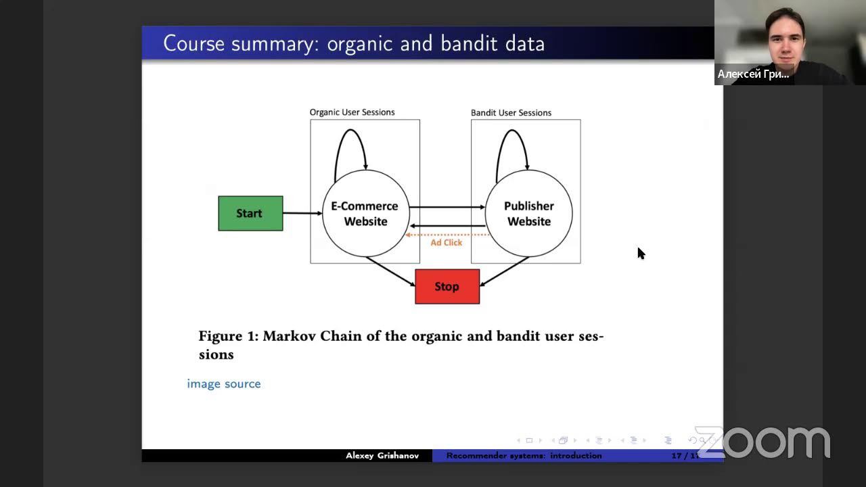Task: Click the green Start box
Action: [250, 213]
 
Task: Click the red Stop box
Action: [447, 286]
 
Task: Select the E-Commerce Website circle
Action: [365, 214]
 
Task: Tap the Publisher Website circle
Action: [529, 214]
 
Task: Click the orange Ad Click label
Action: [447, 243]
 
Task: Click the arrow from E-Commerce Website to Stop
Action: [390, 271]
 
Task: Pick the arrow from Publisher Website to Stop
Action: [504, 271]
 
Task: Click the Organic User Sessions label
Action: [352, 112]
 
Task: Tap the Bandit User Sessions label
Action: [511, 113]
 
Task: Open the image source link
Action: [224, 384]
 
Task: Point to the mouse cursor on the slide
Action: [640, 253]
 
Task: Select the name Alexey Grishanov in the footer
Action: [382, 456]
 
